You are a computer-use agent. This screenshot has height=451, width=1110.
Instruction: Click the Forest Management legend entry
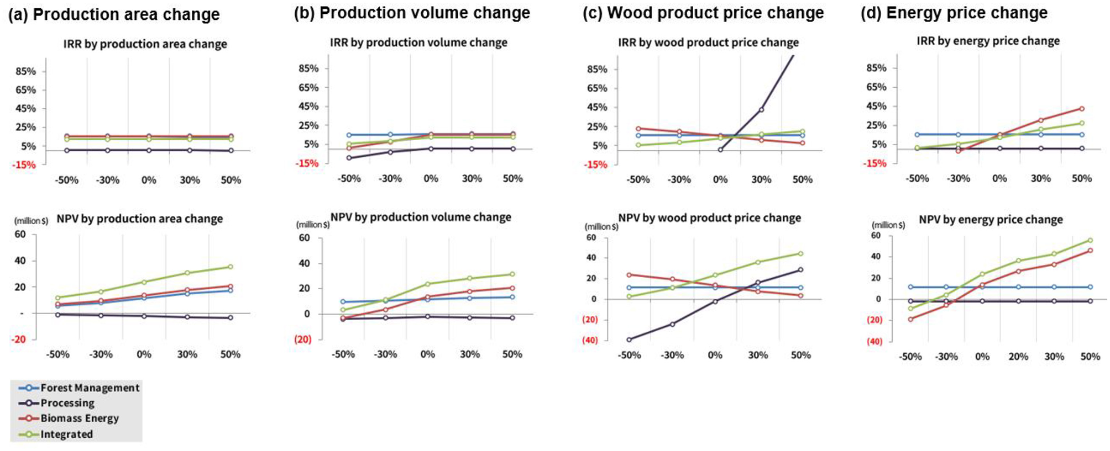(89, 388)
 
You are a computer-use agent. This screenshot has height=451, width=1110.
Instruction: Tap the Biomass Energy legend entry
(79, 418)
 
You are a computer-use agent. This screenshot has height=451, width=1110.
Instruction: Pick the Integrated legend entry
(66, 434)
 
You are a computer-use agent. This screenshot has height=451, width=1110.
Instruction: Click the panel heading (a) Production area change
(114, 14)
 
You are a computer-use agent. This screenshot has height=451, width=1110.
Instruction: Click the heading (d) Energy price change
(954, 13)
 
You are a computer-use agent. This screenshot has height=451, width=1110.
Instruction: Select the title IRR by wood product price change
(708, 43)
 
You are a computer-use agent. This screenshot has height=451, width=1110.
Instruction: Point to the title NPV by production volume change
(421, 217)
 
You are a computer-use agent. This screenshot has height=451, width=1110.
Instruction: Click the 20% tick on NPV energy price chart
(1018, 357)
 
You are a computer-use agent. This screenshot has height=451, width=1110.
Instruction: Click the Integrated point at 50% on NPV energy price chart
(1090, 240)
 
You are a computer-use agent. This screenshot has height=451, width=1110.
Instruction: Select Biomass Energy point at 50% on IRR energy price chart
(1082, 109)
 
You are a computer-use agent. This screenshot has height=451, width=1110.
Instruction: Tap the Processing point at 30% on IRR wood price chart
(761, 110)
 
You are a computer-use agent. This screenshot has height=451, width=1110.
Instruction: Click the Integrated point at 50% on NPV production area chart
(231, 267)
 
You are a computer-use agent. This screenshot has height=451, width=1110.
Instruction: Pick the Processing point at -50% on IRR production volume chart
(349, 158)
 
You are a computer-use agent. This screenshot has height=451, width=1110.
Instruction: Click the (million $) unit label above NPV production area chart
(32, 221)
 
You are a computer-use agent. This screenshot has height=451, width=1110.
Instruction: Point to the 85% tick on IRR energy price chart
(876, 68)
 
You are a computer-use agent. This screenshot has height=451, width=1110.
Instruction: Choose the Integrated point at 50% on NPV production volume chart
(512, 274)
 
